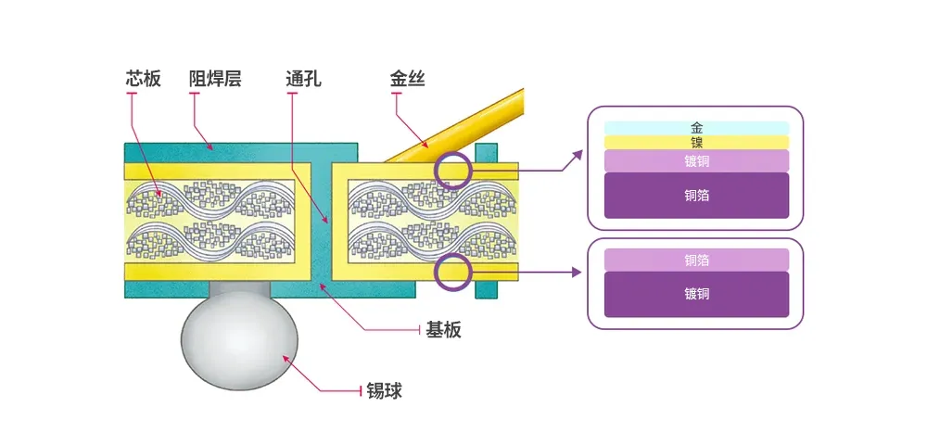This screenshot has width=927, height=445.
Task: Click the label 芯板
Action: (x=144, y=79)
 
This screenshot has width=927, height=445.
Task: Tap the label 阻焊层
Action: (x=215, y=79)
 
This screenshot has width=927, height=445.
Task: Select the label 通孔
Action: (x=303, y=79)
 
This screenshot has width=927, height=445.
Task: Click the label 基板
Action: (x=443, y=329)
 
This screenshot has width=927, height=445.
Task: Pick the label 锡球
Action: (x=384, y=391)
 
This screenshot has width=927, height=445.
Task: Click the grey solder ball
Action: (x=239, y=341)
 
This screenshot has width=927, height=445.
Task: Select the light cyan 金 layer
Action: (x=696, y=128)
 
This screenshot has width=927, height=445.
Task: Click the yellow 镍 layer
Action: (x=696, y=142)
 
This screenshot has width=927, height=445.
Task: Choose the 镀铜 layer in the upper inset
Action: (x=696, y=160)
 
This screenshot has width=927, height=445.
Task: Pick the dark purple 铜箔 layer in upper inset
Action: (x=696, y=196)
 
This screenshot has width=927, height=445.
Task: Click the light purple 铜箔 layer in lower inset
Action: (x=696, y=260)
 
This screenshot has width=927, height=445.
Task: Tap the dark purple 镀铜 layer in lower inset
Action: (x=696, y=294)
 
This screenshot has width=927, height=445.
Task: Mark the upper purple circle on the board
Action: (x=453, y=171)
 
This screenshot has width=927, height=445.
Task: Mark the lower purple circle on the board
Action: (x=453, y=272)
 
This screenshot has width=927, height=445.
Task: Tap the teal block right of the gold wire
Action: (x=486, y=152)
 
